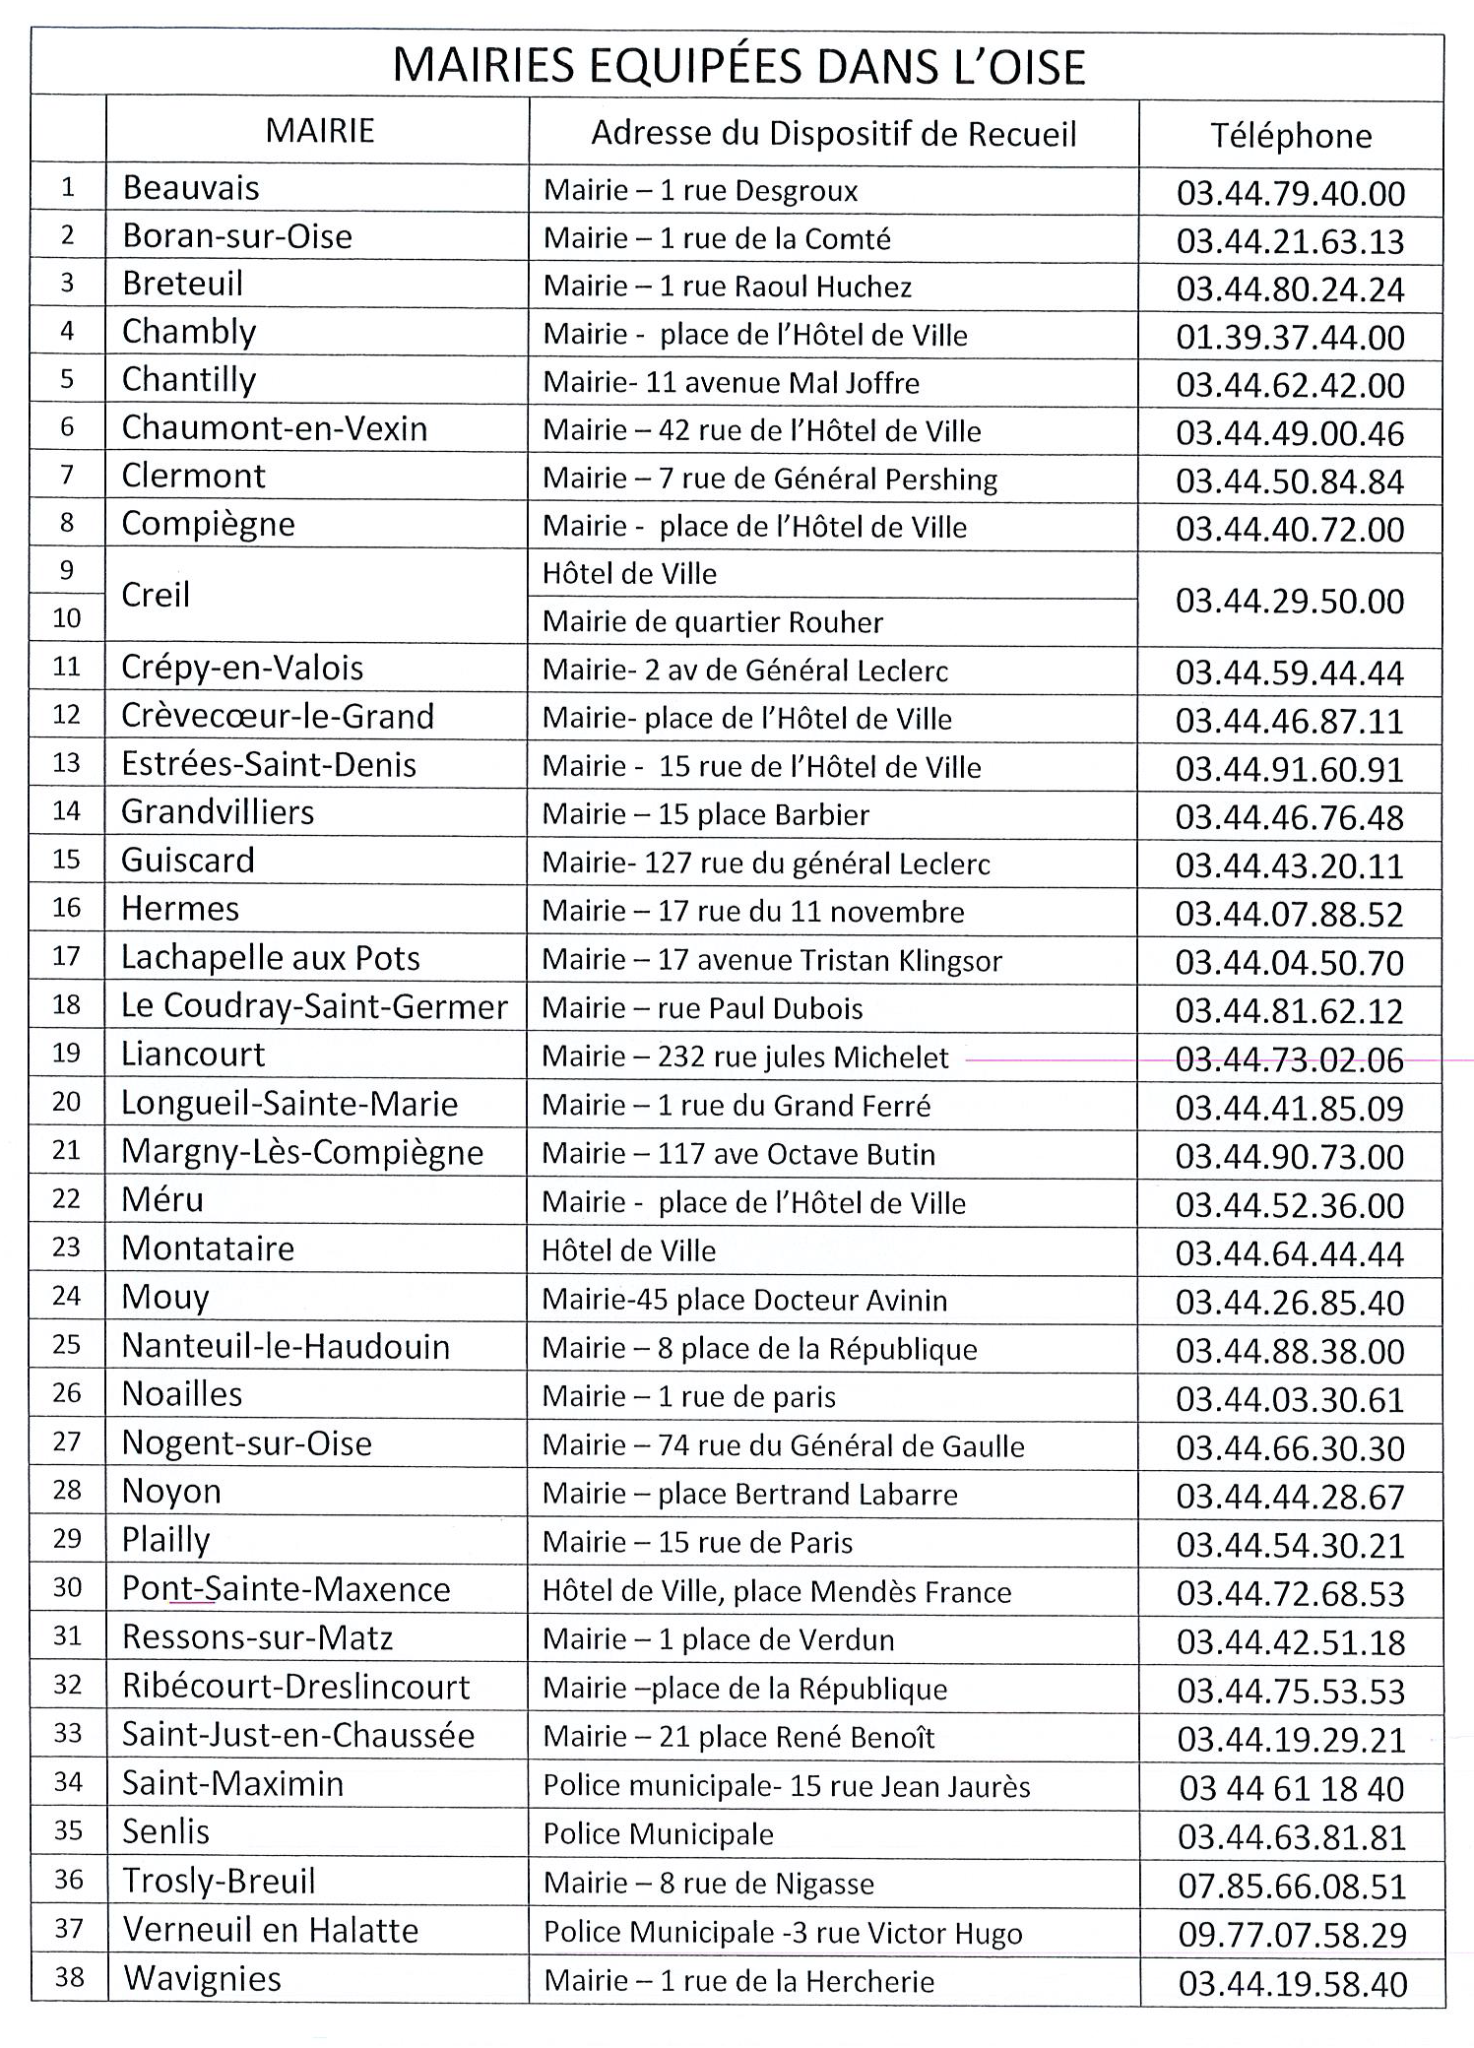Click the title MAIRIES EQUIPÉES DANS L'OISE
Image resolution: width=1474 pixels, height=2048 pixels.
click(738, 67)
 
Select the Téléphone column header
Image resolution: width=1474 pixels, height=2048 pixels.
click(1290, 136)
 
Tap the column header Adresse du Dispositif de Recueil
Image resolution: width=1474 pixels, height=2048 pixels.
click(833, 134)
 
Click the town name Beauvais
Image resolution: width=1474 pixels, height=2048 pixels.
click(191, 188)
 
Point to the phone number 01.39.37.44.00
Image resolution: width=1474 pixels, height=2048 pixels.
click(1290, 338)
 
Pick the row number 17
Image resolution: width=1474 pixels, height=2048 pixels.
click(66, 956)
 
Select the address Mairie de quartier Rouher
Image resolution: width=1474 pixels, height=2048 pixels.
click(712, 622)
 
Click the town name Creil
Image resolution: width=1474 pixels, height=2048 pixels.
click(156, 595)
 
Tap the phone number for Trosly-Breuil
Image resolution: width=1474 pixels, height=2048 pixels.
click(1291, 1887)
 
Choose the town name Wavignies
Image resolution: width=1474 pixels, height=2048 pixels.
click(202, 1978)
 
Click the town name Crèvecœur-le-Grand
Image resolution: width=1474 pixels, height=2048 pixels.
click(277, 716)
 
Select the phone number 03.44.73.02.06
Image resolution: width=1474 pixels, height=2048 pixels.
click(1290, 1059)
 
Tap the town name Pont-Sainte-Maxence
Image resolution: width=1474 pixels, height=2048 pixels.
click(286, 1589)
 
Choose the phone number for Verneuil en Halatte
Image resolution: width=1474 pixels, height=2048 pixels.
click(1292, 1935)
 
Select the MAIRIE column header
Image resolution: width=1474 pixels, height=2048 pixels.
click(320, 131)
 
